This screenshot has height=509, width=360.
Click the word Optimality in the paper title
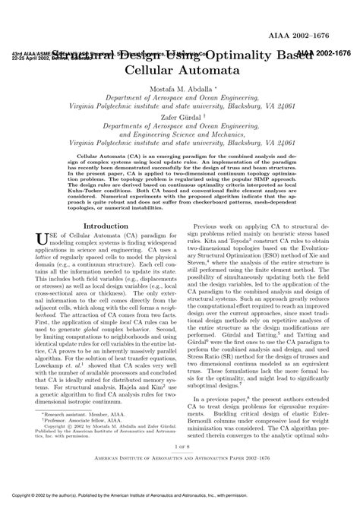pos(241,55)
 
